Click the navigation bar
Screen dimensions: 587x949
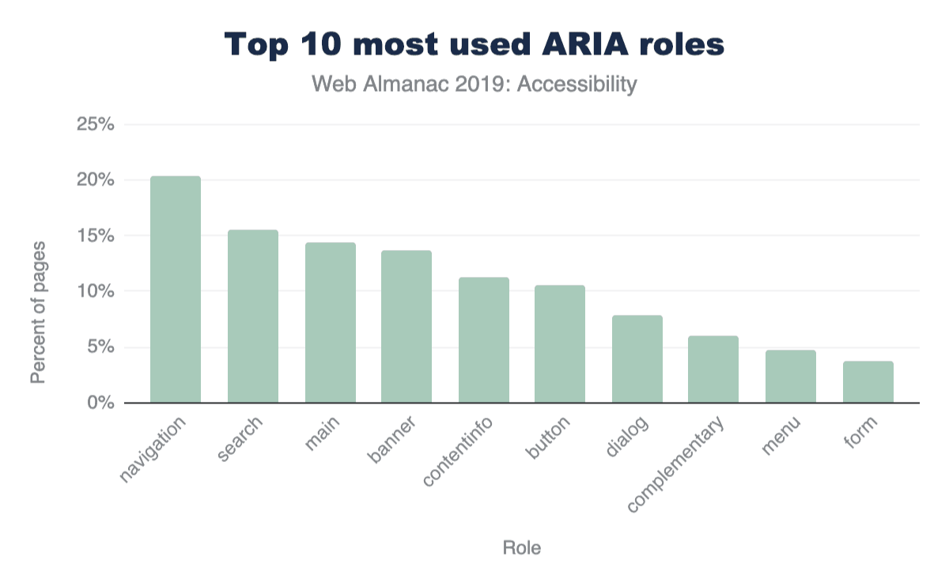point(175,290)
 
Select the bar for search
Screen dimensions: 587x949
point(252,316)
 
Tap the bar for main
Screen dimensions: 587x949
point(330,323)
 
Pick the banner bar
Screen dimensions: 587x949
point(406,327)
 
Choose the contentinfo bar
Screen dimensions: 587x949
point(483,340)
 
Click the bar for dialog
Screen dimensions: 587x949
point(637,359)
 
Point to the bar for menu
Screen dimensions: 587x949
point(790,377)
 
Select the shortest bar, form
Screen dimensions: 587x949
point(868,382)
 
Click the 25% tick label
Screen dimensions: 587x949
point(95,125)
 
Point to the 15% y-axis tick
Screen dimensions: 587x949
point(95,236)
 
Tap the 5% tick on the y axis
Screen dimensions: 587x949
point(100,347)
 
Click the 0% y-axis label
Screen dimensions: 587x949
point(100,403)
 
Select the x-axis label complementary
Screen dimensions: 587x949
point(677,465)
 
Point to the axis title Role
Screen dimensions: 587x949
point(522,547)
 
